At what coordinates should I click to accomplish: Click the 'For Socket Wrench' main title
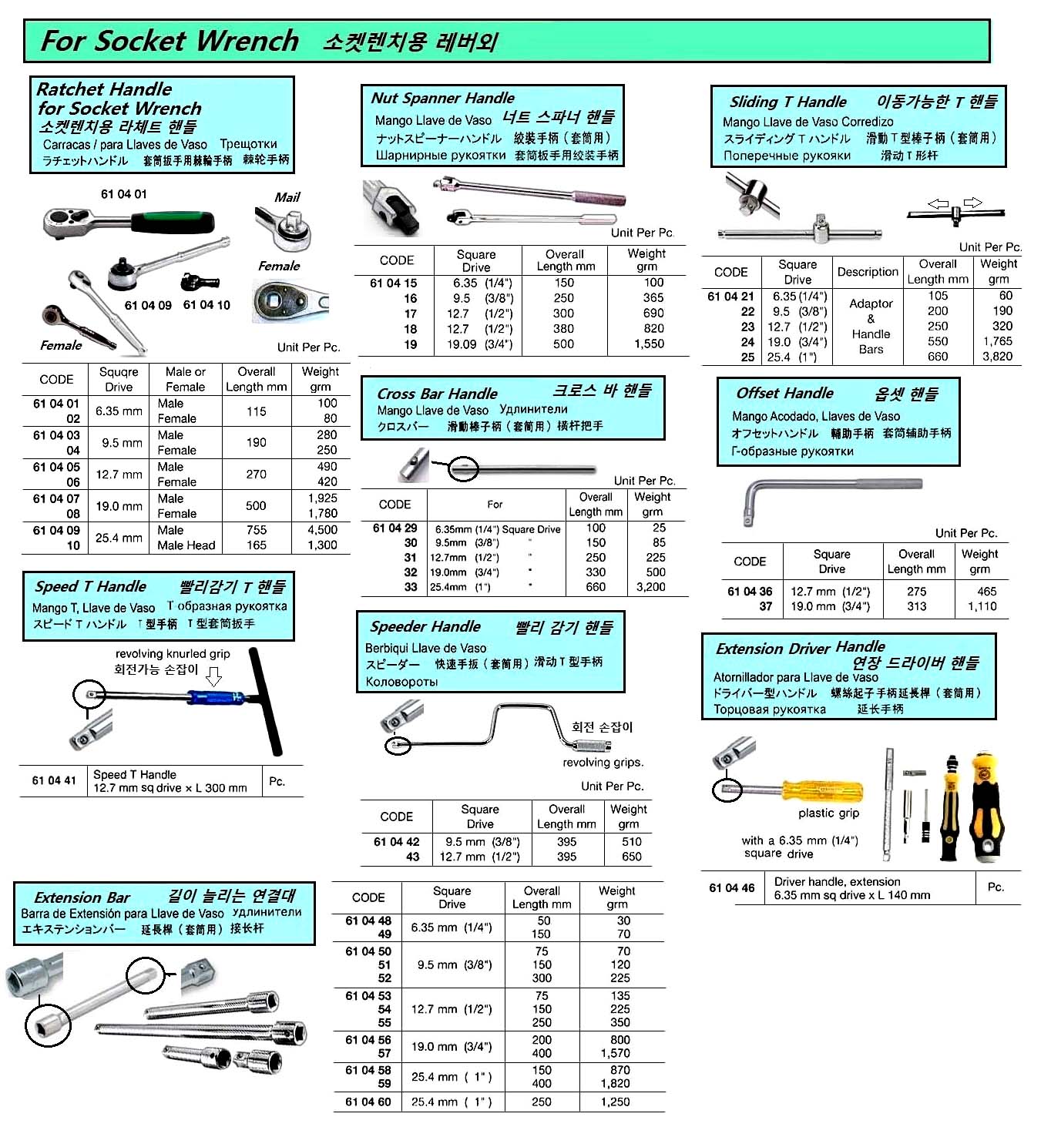click(x=170, y=41)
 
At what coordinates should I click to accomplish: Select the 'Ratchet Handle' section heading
click(x=104, y=89)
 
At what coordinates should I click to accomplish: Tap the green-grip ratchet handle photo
click(x=127, y=223)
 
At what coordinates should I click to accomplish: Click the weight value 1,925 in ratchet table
click(x=323, y=498)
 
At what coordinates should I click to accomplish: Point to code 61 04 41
click(x=54, y=780)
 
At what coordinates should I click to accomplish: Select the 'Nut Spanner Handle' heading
click(x=442, y=99)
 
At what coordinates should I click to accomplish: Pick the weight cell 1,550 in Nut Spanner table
click(x=649, y=344)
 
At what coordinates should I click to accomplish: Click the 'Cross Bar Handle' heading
click(x=437, y=394)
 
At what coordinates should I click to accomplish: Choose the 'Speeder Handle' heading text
click(x=425, y=627)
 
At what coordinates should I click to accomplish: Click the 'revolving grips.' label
click(x=603, y=763)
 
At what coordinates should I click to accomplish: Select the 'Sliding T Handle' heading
click(x=787, y=102)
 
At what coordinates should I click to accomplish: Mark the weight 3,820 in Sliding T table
click(x=997, y=357)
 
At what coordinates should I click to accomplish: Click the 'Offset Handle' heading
click(x=784, y=394)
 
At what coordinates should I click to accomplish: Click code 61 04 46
click(x=731, y=888)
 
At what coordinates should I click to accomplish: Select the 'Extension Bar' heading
click(x=82, y=898)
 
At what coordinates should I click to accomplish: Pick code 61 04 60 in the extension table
click(x=368, y=1102)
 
